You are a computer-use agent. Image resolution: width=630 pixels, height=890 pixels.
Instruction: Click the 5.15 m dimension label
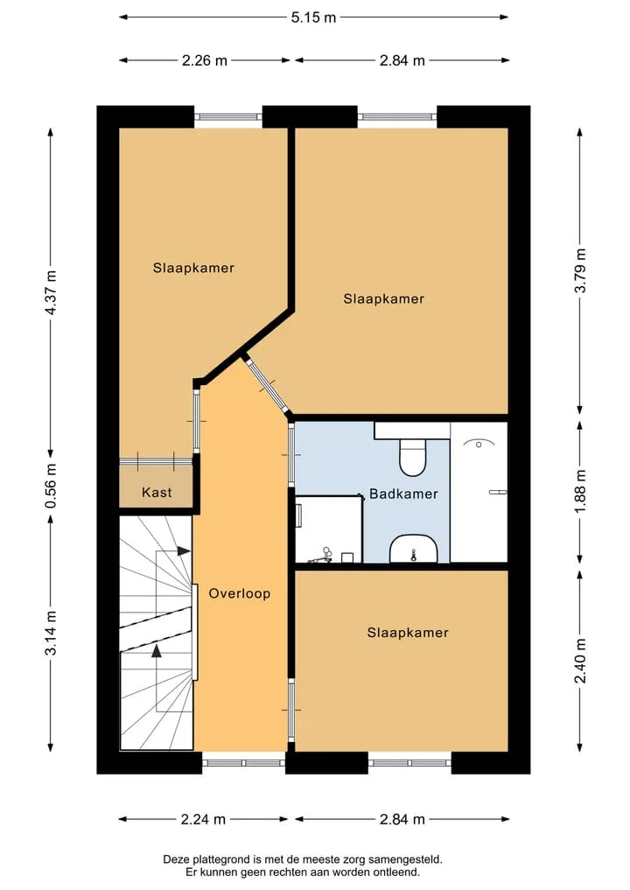[x=314, y=18]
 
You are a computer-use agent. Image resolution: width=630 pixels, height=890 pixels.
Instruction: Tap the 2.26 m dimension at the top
[x=205, y=60]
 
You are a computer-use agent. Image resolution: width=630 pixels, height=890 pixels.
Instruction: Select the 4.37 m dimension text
[x=51, y=293]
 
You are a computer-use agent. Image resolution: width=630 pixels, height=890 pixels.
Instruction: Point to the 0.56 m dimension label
[x=51, y=487]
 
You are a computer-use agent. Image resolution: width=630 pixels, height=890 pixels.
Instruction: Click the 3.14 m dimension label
[x=51, y=633]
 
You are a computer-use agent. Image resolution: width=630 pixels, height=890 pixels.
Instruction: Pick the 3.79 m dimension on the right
[x=580, y=271]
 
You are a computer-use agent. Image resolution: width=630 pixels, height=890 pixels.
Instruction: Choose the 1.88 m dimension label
[x=580, y=492]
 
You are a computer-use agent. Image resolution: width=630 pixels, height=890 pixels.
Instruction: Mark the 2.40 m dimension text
[x=580, y=661]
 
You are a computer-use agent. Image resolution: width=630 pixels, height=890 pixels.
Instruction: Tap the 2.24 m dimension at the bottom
[x=203, y=819]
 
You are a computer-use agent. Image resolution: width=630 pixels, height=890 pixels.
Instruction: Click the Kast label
[x=157, y=492]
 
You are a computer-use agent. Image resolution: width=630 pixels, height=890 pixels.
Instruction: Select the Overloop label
[x=240, y=593]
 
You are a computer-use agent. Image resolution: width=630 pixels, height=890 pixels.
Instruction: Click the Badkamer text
[x=403, y=494]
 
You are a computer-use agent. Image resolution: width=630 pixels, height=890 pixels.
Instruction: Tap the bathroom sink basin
[x=413, y=549]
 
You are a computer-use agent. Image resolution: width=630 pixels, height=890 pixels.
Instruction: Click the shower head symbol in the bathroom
[x=479, y=444]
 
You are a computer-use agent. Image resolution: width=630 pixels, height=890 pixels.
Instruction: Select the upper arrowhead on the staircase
[x=184, y=550]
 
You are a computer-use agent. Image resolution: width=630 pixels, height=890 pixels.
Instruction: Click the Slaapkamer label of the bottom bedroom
[x=408, y=633]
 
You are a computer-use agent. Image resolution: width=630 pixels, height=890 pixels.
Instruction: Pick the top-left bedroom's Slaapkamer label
[x=193, y=268]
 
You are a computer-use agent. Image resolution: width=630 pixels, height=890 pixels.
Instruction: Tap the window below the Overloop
[x=243, y=762]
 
